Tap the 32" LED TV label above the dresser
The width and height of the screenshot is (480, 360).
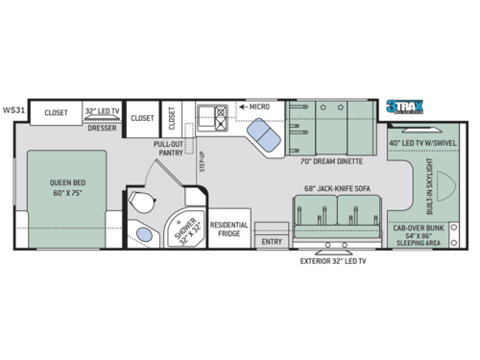[x=102, y=111]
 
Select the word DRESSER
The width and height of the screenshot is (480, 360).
[x=102, y=126]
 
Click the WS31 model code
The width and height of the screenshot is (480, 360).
[x=13, y=109]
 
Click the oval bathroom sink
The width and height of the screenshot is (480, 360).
[x=143, y=233]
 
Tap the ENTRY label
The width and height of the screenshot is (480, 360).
[x=271, y=241]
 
